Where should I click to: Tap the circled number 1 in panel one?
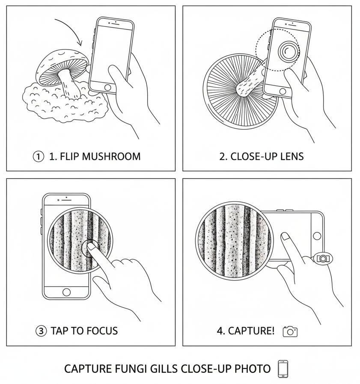(39, 157)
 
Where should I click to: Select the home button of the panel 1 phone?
(108, 87)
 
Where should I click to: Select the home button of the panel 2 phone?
(283, 91)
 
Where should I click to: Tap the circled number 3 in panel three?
(41, 331)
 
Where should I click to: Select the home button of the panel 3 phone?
(66, 292)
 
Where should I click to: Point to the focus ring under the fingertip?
(90, 248)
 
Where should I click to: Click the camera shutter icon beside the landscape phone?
(323, 258)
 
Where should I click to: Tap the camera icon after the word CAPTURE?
(290, 331)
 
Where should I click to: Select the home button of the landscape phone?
(317, 236)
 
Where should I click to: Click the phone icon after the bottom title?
(283, 369)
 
